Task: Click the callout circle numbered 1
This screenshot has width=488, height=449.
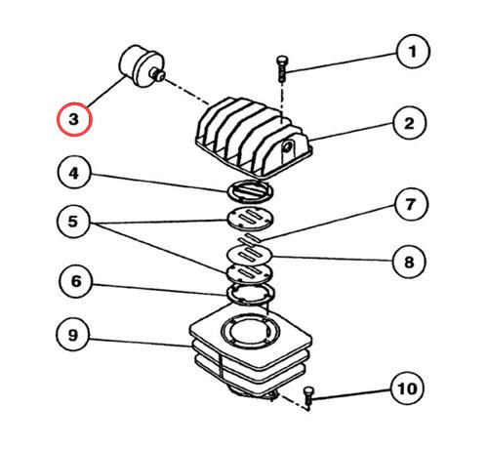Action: [x=413, y=52]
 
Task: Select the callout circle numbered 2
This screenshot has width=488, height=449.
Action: [x=409, y=123]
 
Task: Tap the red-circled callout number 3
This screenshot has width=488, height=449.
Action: [x=74, y=119]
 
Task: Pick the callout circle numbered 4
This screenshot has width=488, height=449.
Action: [x=74, y=173]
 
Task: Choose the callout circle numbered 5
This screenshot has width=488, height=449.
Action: [x=73, y=222]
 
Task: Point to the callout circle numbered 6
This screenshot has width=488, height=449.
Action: [x=76, y=281]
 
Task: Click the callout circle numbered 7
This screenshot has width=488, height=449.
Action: [x=411, y=204]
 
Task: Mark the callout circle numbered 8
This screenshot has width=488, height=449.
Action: [x=409, y=262]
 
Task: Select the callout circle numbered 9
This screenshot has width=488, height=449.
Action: [x=73, y=335]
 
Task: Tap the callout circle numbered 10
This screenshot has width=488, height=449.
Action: [x=407, y=388]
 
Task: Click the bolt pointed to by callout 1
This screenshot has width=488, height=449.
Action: [x=282, y=69]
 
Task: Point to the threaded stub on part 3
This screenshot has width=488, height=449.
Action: [x=158, y=74]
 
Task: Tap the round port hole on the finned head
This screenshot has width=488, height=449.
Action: [x=286, y=146]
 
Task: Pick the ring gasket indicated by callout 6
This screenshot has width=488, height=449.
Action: [x=251, y=295]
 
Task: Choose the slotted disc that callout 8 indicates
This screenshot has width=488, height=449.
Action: [x=250, y=254]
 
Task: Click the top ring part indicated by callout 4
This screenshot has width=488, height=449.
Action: [x=250, y=190]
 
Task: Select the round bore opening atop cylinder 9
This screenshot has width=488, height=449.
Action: [x=250, y=332]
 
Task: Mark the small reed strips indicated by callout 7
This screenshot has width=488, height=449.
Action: [x=250, y=239]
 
